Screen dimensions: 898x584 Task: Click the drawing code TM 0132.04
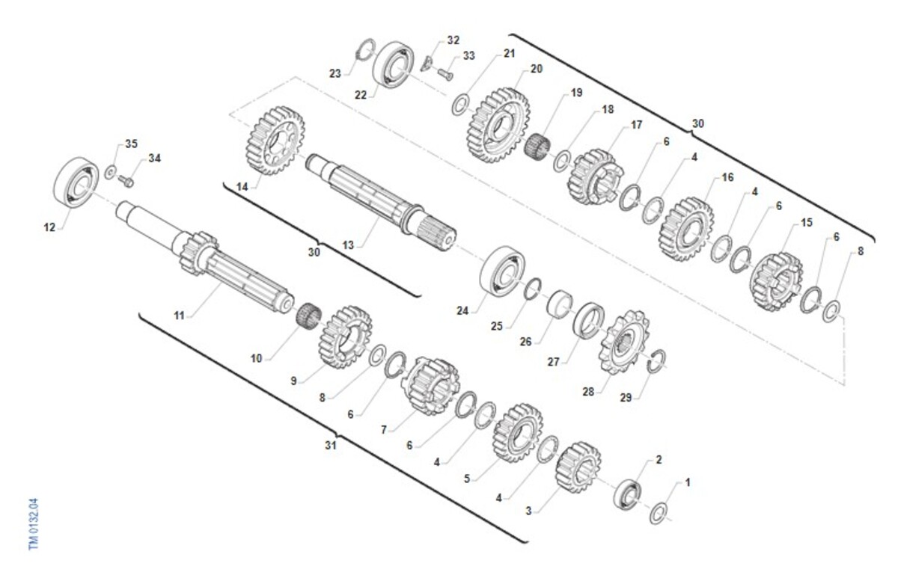pyautogui.click(x=34, y=524)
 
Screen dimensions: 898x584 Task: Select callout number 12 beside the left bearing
pyautogui.click(x=49, y=227)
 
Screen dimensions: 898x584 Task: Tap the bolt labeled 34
pyautogui.click(x=126, y=182)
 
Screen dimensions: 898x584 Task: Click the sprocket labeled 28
pyautogui.click(x=623, y=342)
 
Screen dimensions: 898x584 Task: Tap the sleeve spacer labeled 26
pyautogui.click(x=560, y=304)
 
